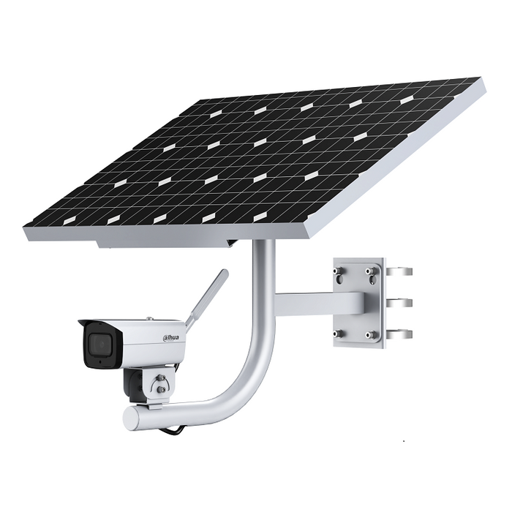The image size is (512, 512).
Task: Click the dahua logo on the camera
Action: [x=170, y=339]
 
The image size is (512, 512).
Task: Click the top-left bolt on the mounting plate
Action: [x=336, y=271]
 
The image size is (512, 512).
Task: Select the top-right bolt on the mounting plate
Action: [x=370, y=271]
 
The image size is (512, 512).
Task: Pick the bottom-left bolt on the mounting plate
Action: [x=336, y=334]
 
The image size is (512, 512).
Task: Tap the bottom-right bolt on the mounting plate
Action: [x=370, y=334]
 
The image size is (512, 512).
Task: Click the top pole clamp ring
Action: [x=399, y=271]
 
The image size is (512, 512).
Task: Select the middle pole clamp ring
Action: [x=399, y=303]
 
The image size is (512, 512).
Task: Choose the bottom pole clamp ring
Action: [x=399, y=334]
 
